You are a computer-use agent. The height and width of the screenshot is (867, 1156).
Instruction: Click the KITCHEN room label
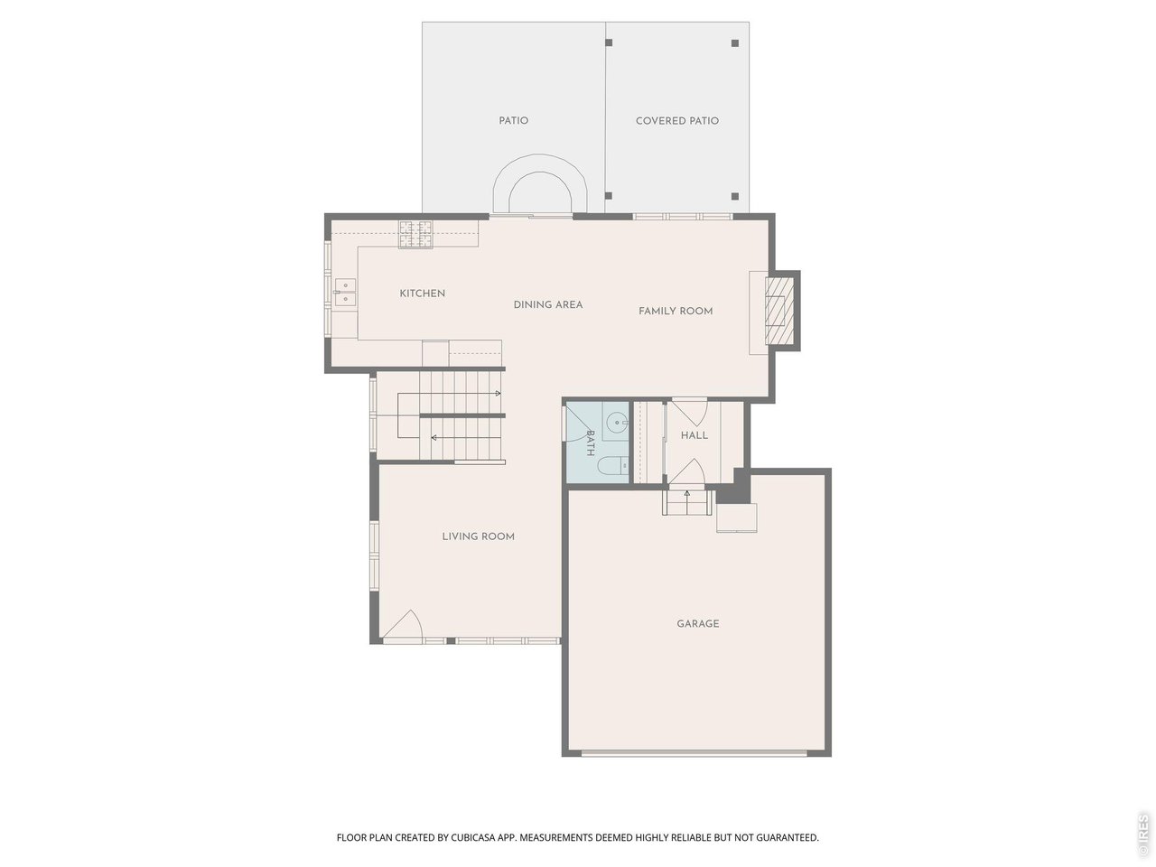tap(422, 294)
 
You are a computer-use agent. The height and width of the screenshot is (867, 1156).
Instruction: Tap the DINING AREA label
tap(548, 305)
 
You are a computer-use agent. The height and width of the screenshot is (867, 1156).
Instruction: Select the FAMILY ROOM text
tap(676, 312)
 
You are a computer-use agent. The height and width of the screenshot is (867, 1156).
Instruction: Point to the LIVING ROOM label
tap(478, 536)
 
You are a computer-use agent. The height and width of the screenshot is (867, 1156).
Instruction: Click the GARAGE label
tap(698, 624)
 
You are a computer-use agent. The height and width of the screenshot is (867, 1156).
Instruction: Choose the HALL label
tap(695, 435)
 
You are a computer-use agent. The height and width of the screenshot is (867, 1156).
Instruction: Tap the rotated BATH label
tap(591, 442)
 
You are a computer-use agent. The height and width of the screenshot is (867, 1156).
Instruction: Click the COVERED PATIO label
tap(677, 121)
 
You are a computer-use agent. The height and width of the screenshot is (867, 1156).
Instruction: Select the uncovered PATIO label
tap(513, 121)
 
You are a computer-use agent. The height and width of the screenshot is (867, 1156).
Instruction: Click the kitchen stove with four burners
tap(416, 234)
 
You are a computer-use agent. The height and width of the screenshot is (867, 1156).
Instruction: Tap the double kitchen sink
tap(346, 291)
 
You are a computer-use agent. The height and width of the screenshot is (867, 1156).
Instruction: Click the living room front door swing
tap(403, 626)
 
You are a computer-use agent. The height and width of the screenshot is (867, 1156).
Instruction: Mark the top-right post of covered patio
tap(734, 42)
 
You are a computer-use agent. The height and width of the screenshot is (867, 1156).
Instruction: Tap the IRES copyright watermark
tap(1142, 834)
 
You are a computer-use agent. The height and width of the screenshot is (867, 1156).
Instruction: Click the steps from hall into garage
tap(687, 501)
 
